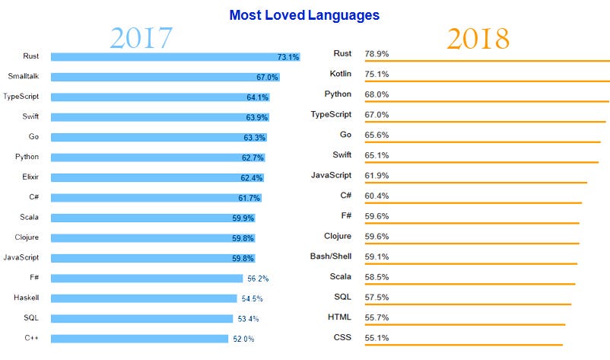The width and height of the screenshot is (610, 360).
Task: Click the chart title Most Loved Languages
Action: tap(304, 14)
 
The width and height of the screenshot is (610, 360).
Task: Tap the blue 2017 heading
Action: tap(141, 38)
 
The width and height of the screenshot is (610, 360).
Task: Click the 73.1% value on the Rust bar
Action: tap(288, 57)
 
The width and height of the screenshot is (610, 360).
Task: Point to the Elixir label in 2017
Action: tap(27, 177)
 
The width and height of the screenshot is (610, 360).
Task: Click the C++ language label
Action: tap(30, 338)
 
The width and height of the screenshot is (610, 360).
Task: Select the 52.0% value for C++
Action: tap(243, 339)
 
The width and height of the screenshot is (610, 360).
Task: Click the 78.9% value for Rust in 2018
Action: tap(377, 53)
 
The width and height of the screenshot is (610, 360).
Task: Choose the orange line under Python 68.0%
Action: tap(487, 101)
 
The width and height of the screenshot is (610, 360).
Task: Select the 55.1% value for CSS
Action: tap(377, 337)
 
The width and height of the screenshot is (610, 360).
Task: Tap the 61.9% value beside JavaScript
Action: tap(377, 175)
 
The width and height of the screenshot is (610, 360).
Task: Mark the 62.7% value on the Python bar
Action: tap(253, 157)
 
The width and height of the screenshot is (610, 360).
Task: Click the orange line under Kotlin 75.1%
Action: tap(487, 81)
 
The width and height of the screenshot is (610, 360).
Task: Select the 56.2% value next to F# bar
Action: tap(258, 279)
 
